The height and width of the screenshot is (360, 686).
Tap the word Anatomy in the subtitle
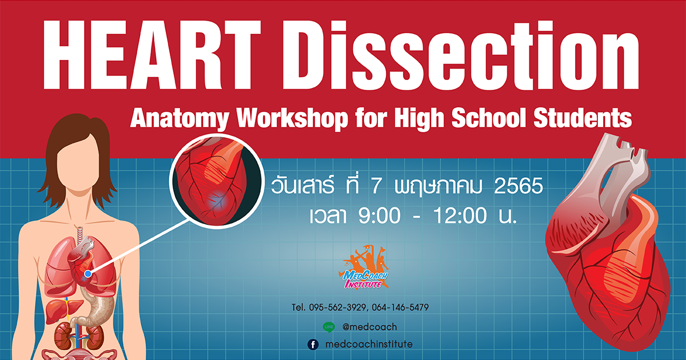[180, 119]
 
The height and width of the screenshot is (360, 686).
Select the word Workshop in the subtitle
[293, 119]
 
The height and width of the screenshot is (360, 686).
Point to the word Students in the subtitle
[583, 118]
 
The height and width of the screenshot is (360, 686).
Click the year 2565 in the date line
[519, 186]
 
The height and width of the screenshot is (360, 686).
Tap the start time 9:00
[380, 215]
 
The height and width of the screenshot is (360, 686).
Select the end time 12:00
[460, 215]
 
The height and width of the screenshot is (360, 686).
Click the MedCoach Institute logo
[364, 267]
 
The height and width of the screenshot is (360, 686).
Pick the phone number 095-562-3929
[337, 307]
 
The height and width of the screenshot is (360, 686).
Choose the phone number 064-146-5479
[400, 307]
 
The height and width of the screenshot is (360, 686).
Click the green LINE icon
[329, 327]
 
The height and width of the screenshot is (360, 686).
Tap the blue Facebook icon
[313, 345]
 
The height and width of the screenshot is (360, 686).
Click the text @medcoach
[370, 327]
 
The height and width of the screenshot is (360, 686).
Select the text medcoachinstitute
[369, 344]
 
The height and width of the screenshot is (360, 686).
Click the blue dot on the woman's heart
[88, 274]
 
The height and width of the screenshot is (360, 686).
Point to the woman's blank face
[78, 162]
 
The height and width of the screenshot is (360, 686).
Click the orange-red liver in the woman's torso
[63, 310]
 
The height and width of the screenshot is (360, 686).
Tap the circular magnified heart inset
[217, 181]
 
